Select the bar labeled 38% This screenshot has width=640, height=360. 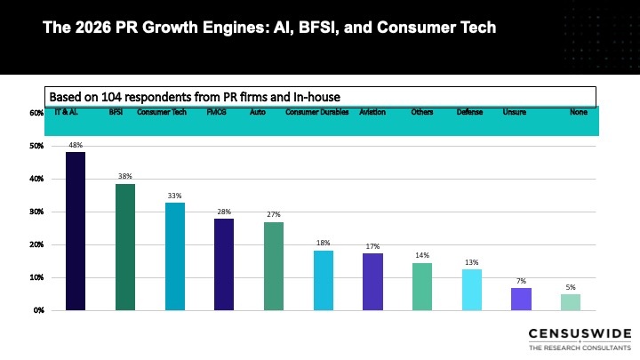tap(125, 247)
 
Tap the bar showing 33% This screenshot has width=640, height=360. tap(175, 256)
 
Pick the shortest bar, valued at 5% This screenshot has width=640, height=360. tap(571, 302)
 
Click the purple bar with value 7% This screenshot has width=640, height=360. tap(521, 299)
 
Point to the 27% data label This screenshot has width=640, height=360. tap(274, 214)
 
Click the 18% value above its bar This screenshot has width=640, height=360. tap(324, 243)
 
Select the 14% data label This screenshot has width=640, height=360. tap(422, 256)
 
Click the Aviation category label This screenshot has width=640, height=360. tap(372, 113)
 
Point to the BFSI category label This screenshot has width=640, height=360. tap(116, 113)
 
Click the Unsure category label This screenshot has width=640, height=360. tap(515, 113)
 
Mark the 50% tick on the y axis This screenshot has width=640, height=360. tap(36, 146)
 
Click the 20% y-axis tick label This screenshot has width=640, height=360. tap(36, 244)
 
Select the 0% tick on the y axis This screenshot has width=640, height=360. tap(38, 310)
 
